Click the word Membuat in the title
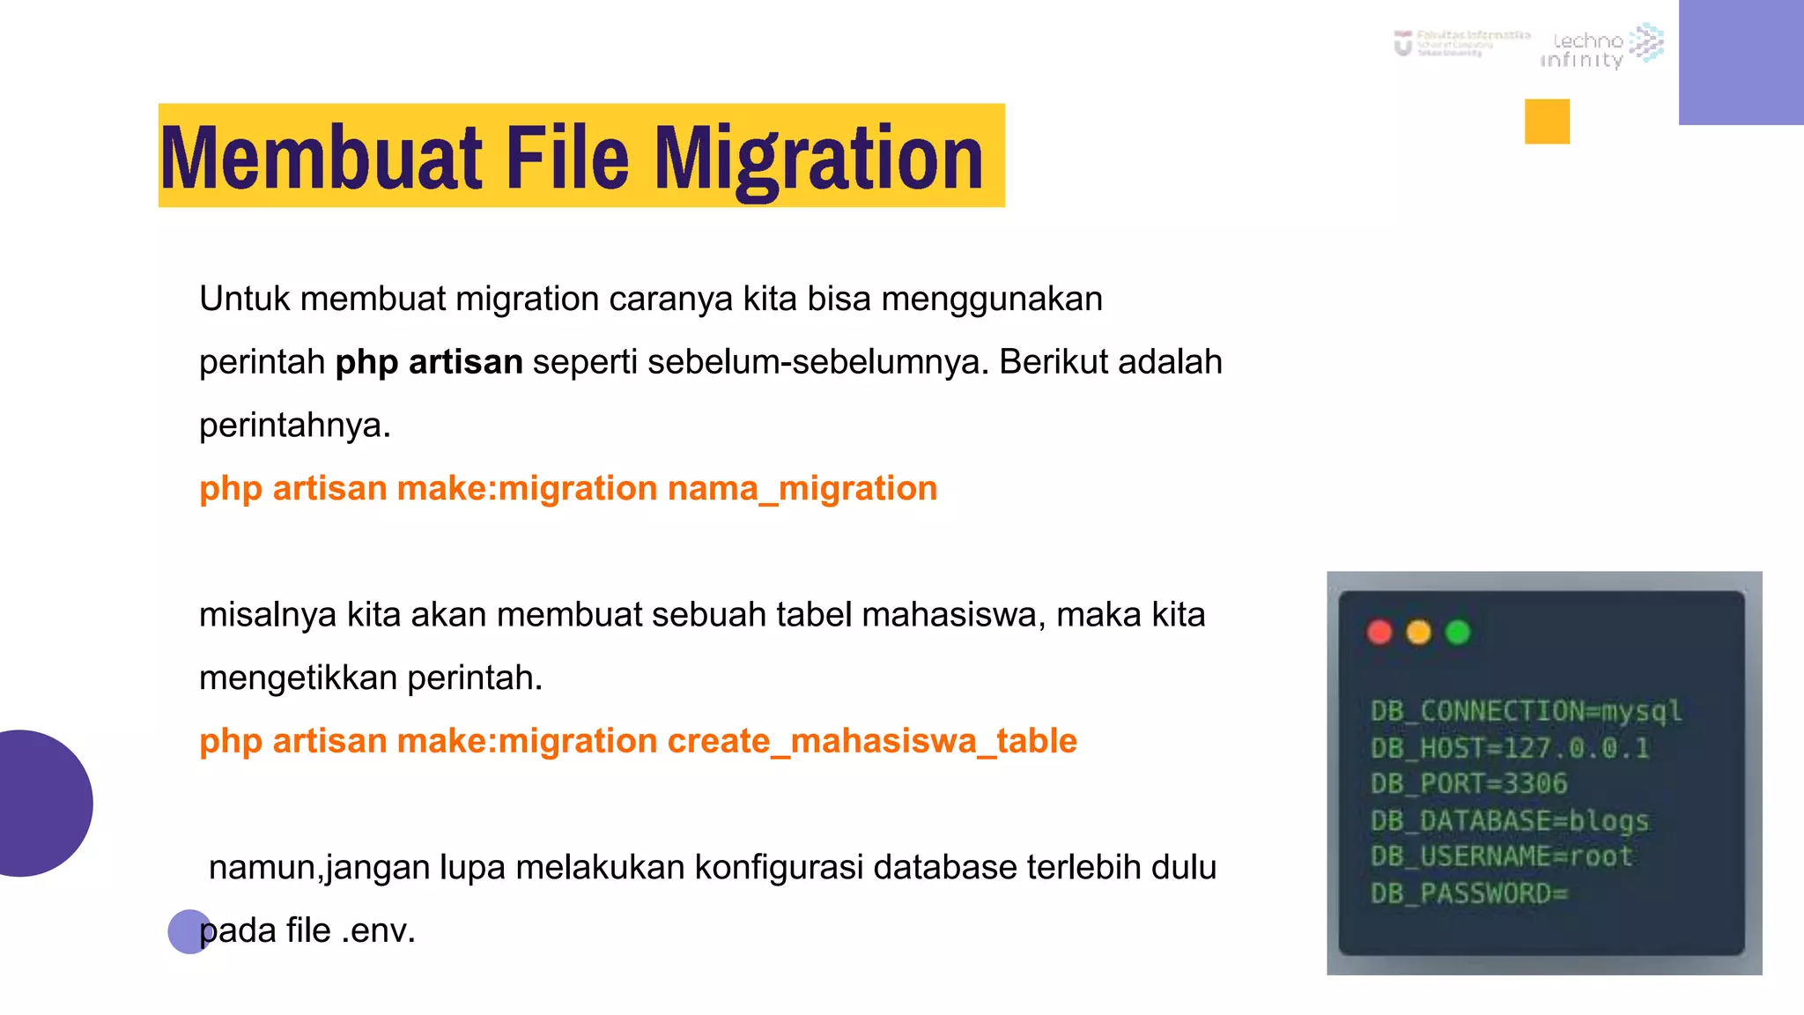pos(322,159)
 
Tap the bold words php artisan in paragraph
pos(429,362)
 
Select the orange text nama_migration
pos(802,488)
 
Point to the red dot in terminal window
pos(1379,633)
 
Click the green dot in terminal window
pos(1458,633)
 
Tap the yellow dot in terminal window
pos(1418,633)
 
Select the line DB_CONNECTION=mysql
pos(1526,711)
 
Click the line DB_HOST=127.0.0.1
pos(1509,748)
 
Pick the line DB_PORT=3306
pos(1468,783)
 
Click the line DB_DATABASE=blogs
pos(1509,820)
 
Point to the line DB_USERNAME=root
pos(1501,856)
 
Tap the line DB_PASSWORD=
pos(1468,893)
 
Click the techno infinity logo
pos(1601,48)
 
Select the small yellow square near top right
pos(1547,122)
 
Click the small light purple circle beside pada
pos(187,931)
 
